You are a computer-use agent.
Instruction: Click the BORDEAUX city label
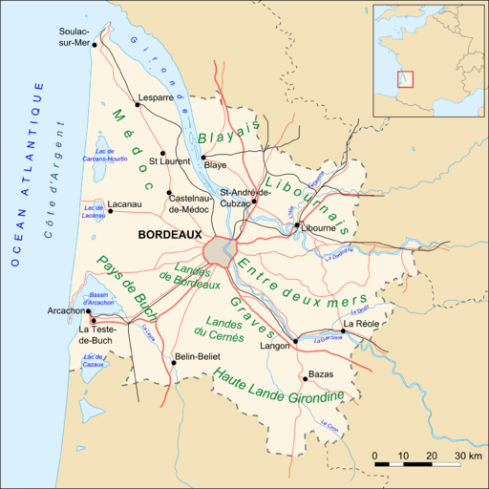point(169,233)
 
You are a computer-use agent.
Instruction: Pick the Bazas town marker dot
point(304,376)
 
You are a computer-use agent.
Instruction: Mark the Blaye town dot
point(203,157)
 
